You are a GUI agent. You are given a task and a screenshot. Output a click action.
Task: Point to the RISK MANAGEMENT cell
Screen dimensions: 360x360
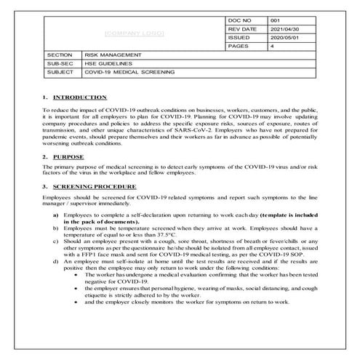click(x=113, y=55)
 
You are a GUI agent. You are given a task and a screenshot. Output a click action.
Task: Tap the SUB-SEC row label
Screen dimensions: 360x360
click(x=58, y=63)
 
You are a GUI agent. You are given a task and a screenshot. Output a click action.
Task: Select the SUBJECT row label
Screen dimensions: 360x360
click(x=58, y=72)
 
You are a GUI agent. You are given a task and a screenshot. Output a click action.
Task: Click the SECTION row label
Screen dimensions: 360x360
click(x=58, y=55)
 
